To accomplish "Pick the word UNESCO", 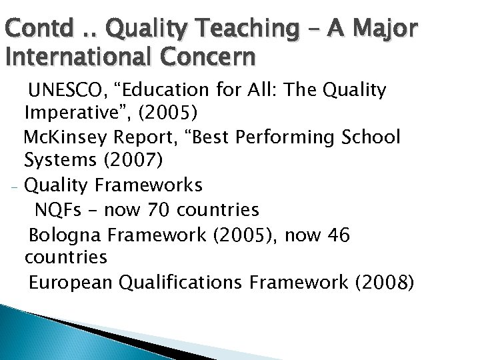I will pyautogui.click(x=71, y=90).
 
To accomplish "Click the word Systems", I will pyautogui.click(x=59, y=160).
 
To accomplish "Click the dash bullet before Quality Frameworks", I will pyautogui.click(x=13, y=186).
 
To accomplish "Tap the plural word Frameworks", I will pyautogui.click(x=148, y=184).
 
